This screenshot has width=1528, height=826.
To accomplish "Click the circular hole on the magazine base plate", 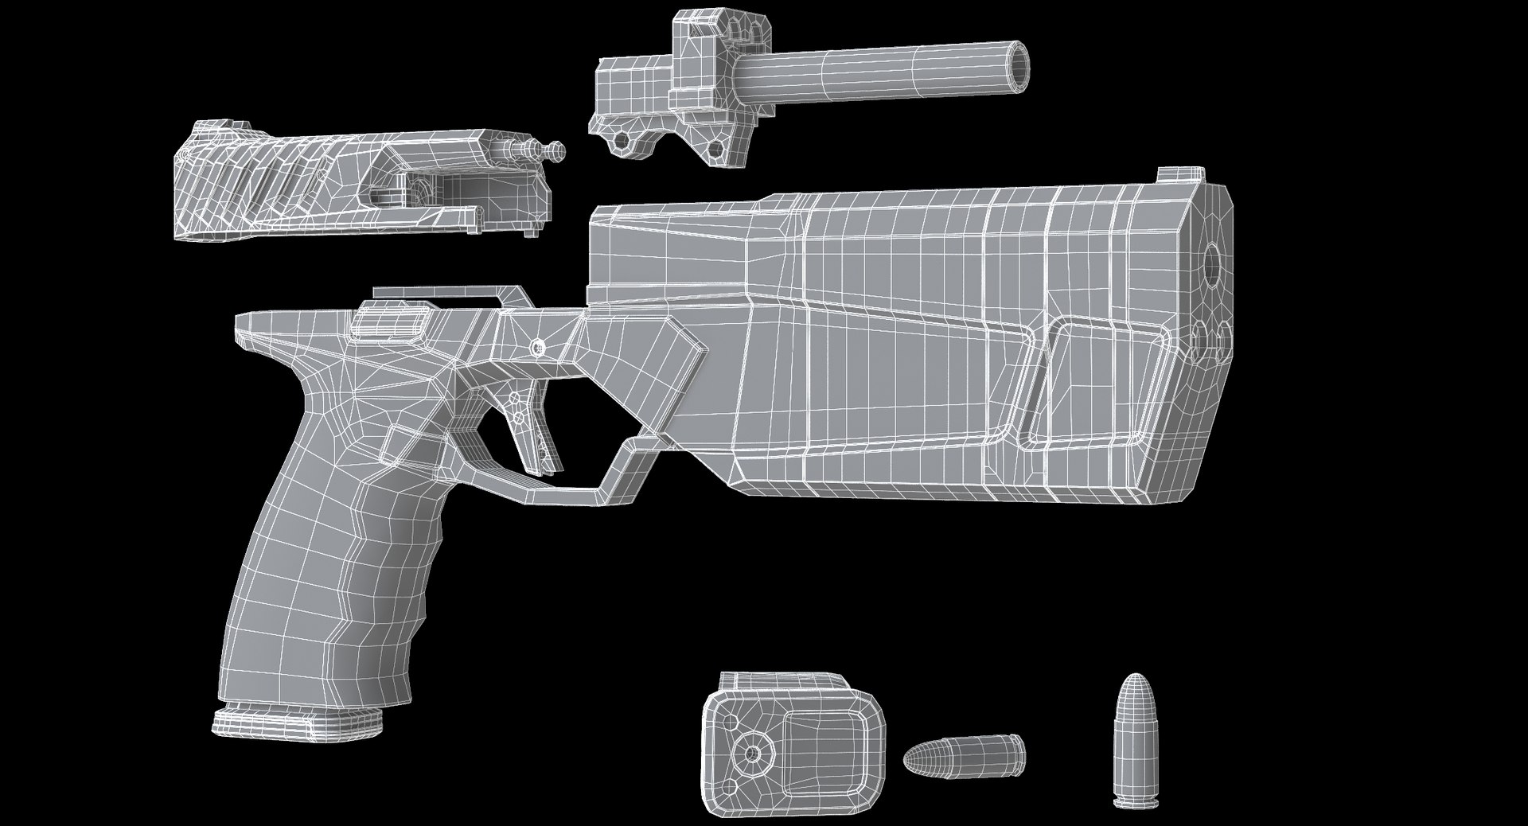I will click(750, 751).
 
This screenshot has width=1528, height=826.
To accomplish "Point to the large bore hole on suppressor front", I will click(1215, 264).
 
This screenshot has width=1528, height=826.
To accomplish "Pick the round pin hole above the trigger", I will click(539, 348).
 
